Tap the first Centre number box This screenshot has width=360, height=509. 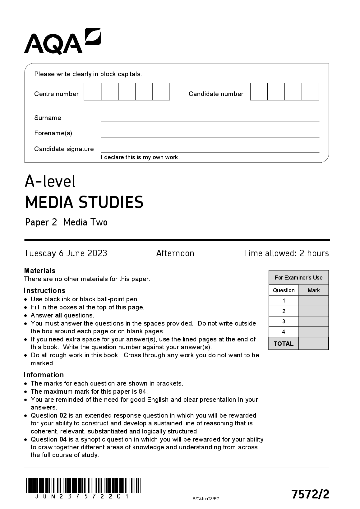click(92, 92)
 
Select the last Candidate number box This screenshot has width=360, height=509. click(310, 92)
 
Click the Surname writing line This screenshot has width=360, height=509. click(210, 119)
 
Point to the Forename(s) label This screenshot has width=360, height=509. click(53, 133)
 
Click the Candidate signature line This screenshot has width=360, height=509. click(210, 150)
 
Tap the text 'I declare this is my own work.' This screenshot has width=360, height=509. click(140, 157)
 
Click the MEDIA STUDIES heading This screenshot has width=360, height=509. click(84, 202)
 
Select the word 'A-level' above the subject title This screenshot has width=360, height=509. click(50, 181)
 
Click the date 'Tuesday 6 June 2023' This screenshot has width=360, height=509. click(66, 253)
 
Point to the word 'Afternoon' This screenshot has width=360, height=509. click(175, 253)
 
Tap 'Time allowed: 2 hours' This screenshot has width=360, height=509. click(286, 253)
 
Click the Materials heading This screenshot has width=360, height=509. click(40, 271)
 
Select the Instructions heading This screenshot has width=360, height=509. click(45, 290)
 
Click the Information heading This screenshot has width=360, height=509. click(44, 375)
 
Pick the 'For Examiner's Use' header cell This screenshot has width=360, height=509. click(298, 278)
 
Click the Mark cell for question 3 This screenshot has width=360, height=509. click(313, 322)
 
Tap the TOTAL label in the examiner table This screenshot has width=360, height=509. click(284, 344)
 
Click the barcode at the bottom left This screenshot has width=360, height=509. click(83, 485)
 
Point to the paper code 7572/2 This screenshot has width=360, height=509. click(310, 494)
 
